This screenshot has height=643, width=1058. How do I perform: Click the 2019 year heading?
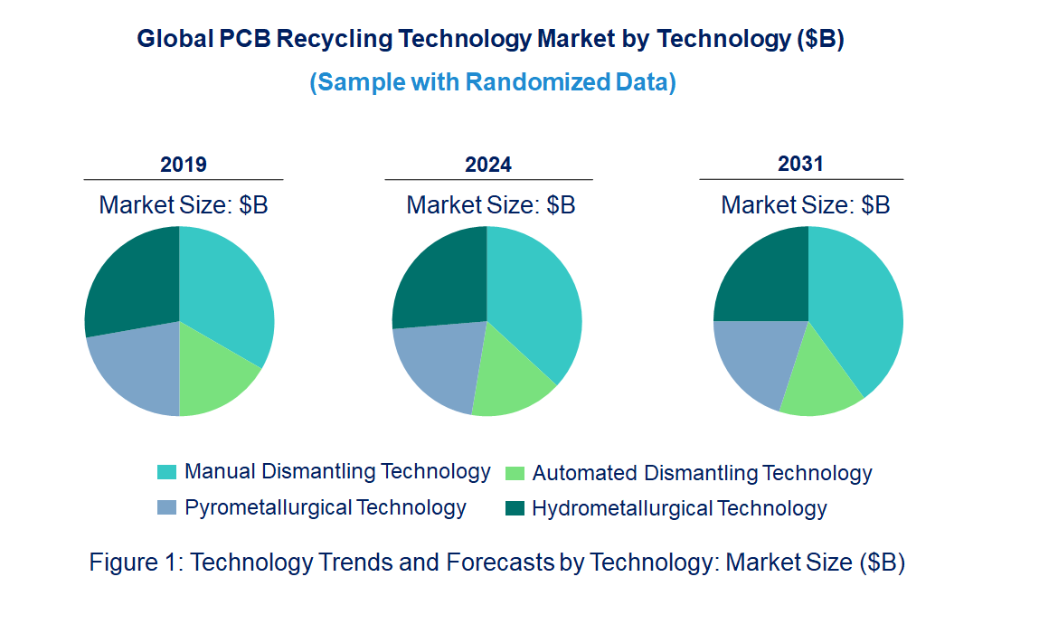click(184, 165)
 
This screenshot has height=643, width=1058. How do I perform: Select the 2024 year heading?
click(488, 165)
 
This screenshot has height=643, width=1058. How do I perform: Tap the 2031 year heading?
click(801, 164)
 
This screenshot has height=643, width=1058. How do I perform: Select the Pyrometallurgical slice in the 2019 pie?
click(136, 366)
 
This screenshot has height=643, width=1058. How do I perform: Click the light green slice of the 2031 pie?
click(818, 380)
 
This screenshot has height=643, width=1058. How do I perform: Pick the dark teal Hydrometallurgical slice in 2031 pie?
click(760, 276)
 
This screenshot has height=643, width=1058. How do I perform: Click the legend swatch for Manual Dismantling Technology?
click(166, 472)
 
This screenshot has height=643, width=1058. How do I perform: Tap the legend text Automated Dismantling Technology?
click(702, 473)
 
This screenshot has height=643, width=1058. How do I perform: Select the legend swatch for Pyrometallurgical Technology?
click(166, 507)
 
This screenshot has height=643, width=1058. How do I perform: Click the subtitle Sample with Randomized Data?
click(493, 82)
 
